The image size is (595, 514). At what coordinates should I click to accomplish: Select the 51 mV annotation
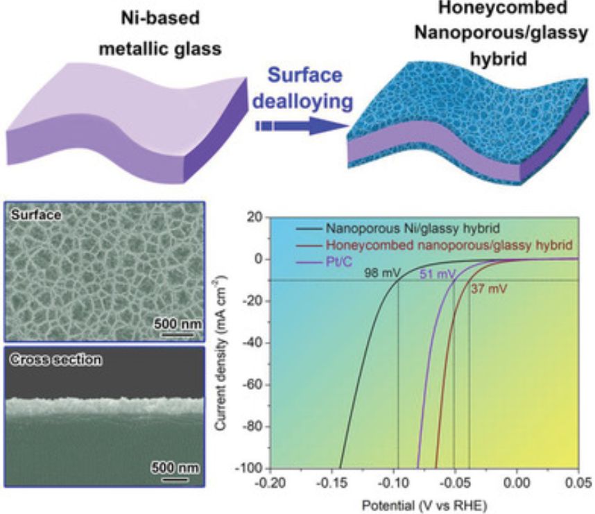click(x=436, y=275)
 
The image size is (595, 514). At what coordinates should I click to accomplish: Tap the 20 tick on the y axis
click(x=257, y=217)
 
